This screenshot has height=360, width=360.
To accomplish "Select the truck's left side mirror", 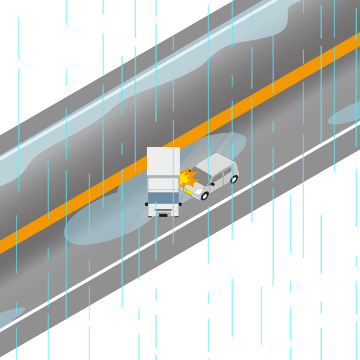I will click(147, 204).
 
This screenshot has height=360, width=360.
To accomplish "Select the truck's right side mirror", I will click(180, 204).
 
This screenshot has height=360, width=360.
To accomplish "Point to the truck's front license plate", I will click(163, 215).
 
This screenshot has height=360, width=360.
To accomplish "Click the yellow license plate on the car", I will click(189, 192).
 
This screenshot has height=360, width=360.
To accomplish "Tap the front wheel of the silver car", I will click(205, 196).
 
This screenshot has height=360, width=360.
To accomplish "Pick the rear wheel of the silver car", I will click(234, 179).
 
